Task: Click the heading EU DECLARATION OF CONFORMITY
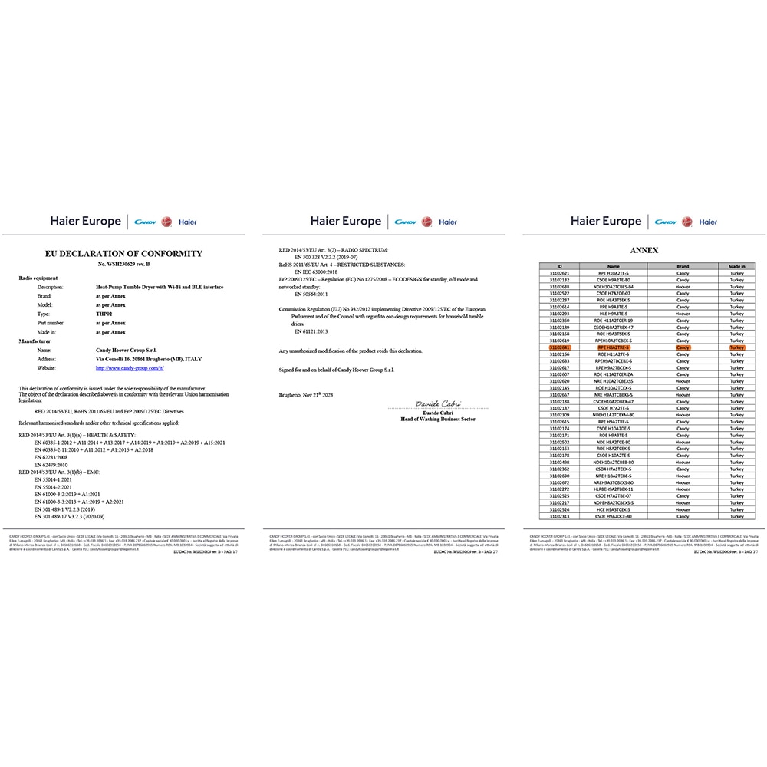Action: [x=123, y=253]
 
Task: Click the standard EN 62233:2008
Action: [x=54, y=457]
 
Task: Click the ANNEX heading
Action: [x=644, y=250]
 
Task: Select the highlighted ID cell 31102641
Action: [x=560, y=347]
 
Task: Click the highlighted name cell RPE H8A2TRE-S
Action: [x=613, y=347]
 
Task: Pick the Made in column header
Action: [x=737, y=266]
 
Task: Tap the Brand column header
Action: [x=683, y=266]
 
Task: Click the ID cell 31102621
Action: [x=560, y=273]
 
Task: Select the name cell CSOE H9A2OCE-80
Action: [x=613, y=516]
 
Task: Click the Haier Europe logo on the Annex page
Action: [x=606, y=222]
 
